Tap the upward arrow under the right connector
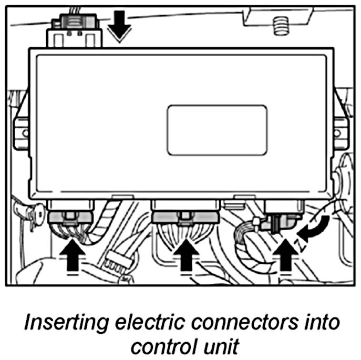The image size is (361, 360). pyautogui.click(x=285, y=254)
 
